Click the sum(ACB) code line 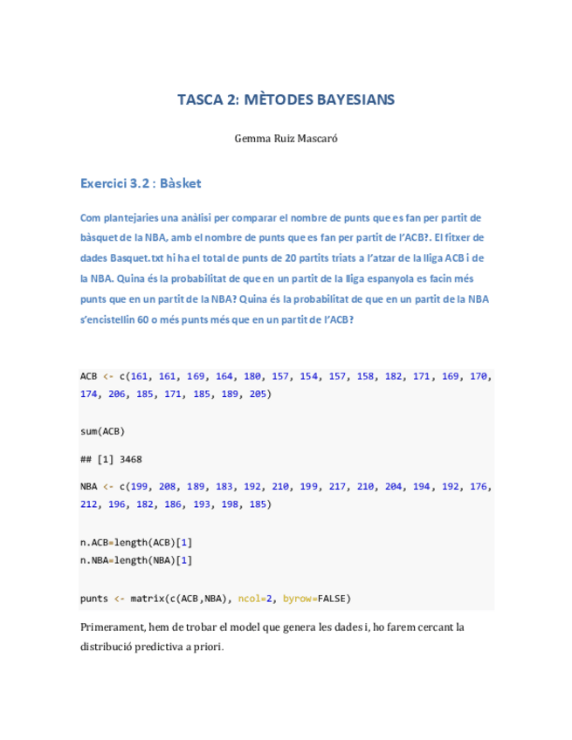click(101, 431)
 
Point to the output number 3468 click(131, 458)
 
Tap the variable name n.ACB click(94, 542)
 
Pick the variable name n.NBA click(94, 560)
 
